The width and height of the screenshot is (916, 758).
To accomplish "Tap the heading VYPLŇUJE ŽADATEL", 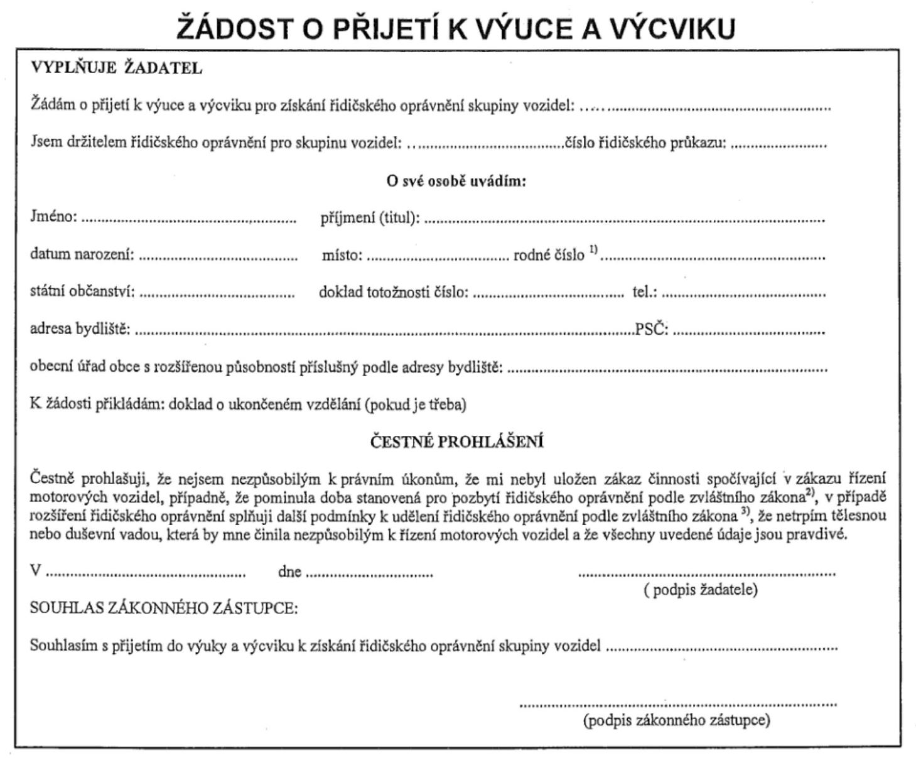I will point(116,68).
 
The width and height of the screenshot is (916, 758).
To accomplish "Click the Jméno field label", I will point(53,217).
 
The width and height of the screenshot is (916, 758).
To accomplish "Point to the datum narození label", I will point(82,255).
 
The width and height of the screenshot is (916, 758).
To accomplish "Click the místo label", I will point(342,255).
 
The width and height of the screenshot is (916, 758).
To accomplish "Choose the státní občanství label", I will point(82,292).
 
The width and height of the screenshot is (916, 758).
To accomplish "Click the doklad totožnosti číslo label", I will point(393,292).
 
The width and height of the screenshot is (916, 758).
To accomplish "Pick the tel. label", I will point(644,292).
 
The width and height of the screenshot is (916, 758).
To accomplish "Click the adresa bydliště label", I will point(80,328).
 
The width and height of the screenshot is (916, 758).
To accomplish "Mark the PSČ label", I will point(652,328).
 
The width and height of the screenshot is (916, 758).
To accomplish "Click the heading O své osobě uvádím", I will point(456,181).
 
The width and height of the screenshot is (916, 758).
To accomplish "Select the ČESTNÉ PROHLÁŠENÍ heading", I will point(456,441).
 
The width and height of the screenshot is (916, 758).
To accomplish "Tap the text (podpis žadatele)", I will point(701,590).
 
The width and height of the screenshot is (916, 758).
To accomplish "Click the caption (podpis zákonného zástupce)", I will point(677,720).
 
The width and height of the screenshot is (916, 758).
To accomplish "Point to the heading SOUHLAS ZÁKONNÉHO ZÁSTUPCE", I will point(164,608).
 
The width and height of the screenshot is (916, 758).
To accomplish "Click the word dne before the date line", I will point(289,572).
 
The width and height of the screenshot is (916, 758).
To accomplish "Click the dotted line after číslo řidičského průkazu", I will point(779,144).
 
